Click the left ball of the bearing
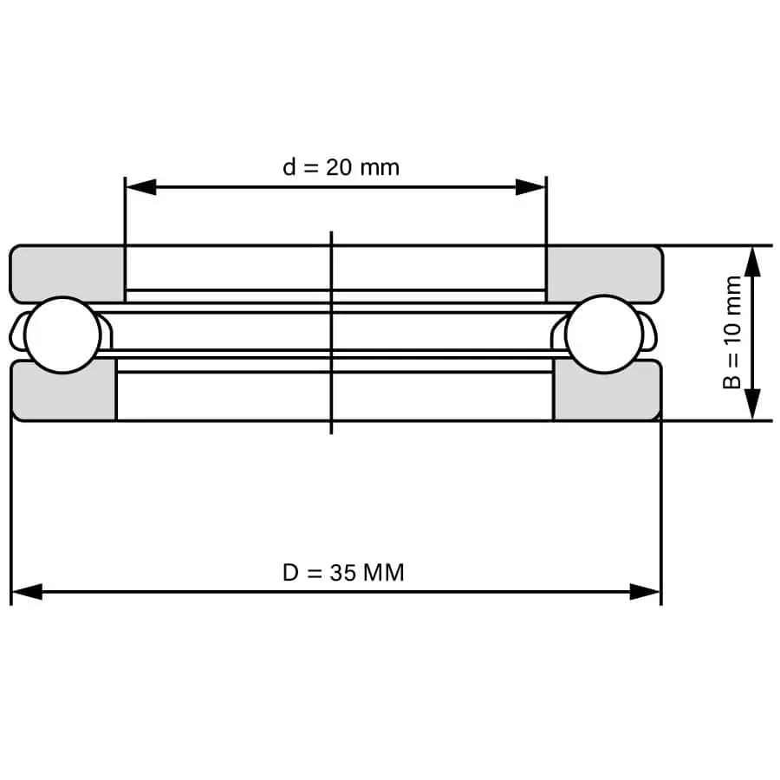pos(62,335)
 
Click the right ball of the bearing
pos(604,334)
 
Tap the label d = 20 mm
pos(341,167)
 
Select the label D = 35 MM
pos(343,573)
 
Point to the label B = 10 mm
pos(732,332)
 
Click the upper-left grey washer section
pos(67,273)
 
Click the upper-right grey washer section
pos(605,273)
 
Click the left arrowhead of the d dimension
pos(140,187)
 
